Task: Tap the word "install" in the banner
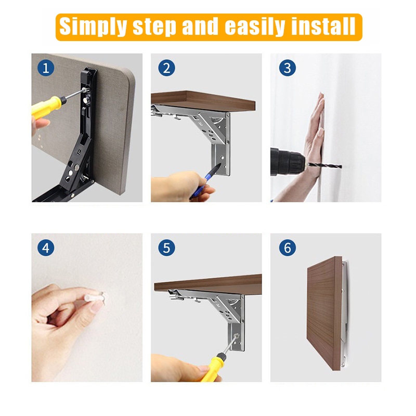[323, 26]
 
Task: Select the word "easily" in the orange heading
[254, 27]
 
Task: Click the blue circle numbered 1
[46, 68]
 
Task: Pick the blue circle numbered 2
[166, 68]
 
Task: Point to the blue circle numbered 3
[288, 68]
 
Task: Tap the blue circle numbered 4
[46, 248]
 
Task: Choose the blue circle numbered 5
[166, 248]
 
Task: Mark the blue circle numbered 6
[288, 248]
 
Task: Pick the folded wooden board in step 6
[324, 314]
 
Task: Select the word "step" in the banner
[154, 28]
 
